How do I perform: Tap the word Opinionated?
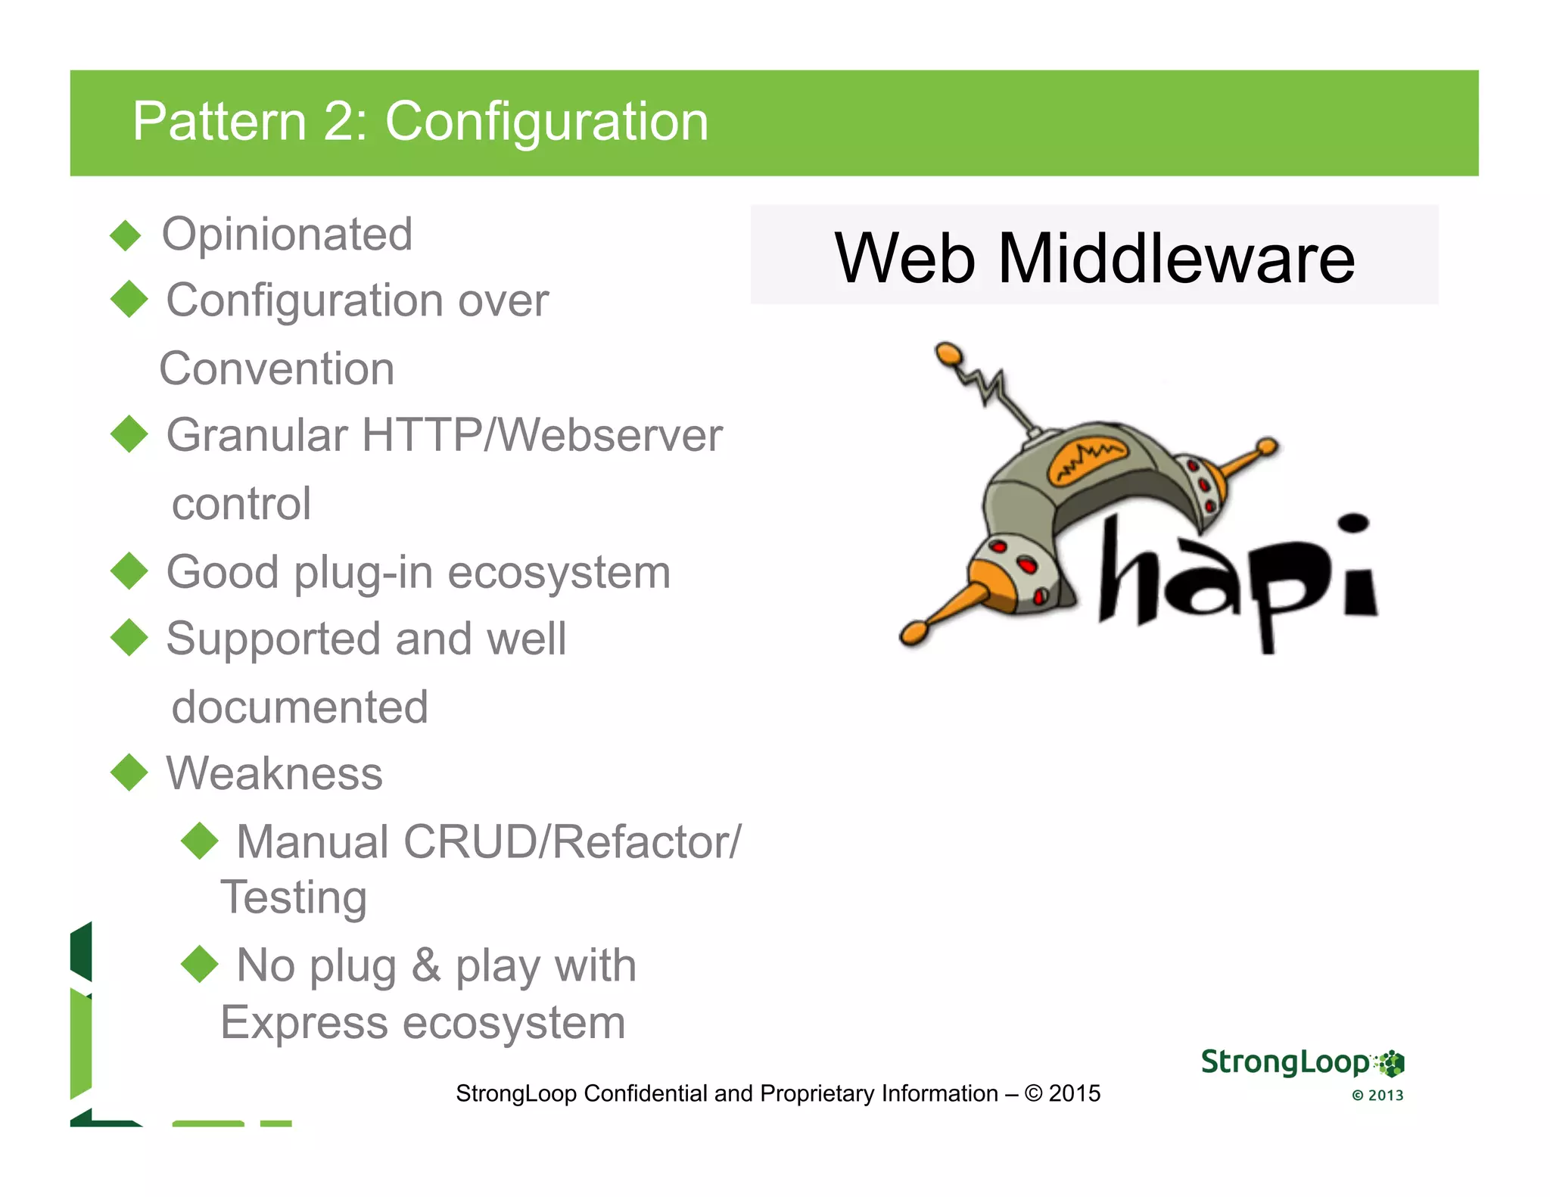coord(287,234)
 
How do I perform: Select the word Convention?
coord(277,368)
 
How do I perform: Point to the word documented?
coord(300,707)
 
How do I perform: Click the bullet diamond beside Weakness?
coord(129,773)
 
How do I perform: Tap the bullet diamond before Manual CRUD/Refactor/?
coord(200,841)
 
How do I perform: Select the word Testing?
coord(294,897)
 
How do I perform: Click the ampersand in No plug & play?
coord(426,965)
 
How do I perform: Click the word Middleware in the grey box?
coord(1176,258)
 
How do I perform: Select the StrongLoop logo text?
coord(1285,1062)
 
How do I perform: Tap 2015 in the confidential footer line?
coord(1075,1093)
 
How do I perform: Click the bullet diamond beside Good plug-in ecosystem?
coord(129,571)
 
